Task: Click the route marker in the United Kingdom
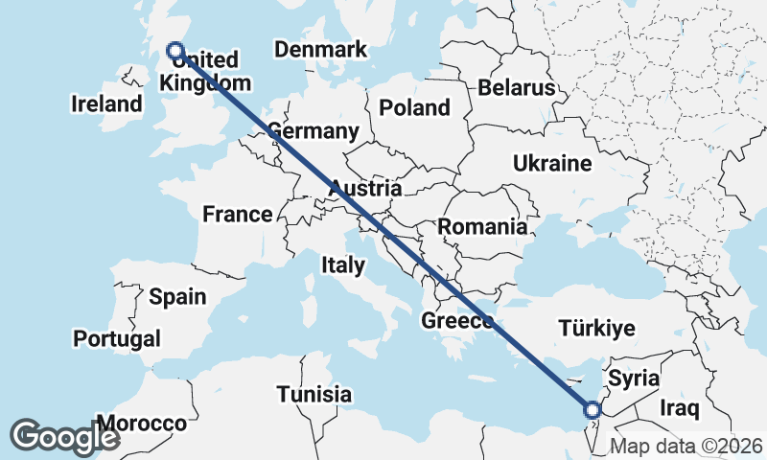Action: coord(174,51)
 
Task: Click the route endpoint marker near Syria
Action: coord(592,410)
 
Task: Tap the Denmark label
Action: coord(320,50)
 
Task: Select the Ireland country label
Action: coord(106,103)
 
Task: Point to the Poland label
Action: coord(414,106)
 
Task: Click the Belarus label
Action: coord(517,88)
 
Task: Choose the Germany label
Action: coord(314,131)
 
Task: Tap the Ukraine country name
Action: coord(551,163)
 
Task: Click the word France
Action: coord(238,215)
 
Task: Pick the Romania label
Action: coord(482,227)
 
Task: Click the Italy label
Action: coord(342,265)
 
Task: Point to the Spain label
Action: coord(177,296)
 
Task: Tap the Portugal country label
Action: coord(117,338)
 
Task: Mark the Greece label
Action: coord(456,321)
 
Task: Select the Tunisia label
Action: coord(314,394)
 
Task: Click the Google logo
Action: coord(64,436)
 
